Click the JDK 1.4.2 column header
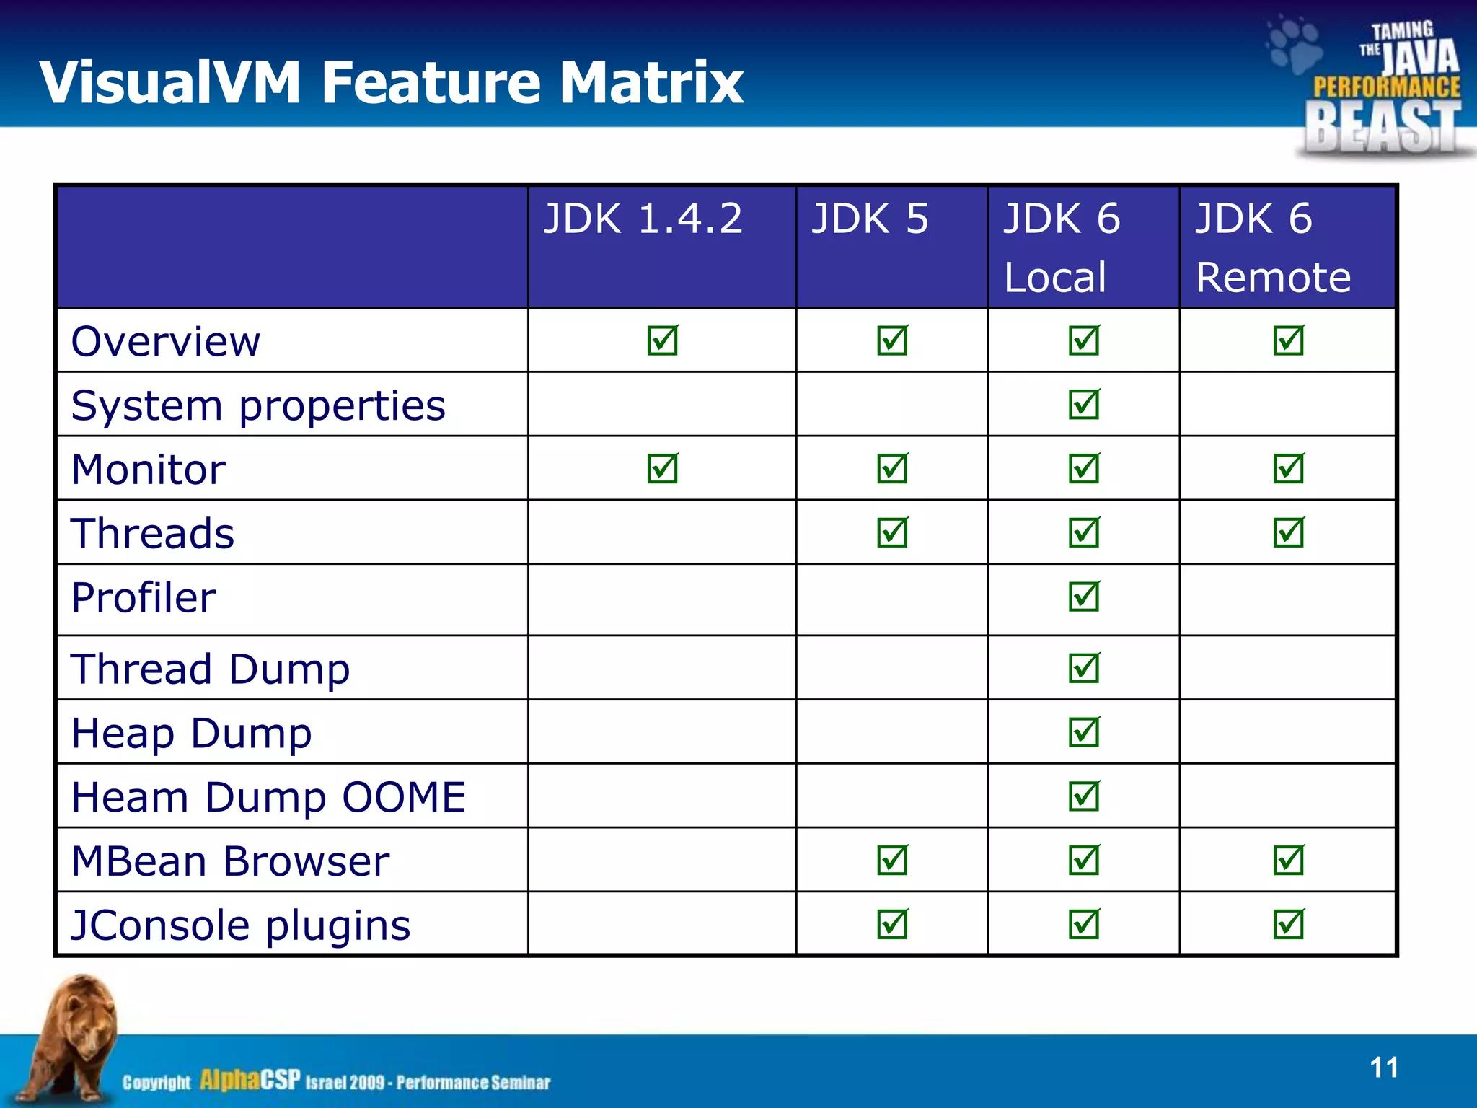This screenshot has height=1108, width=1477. click(x=643, y=219)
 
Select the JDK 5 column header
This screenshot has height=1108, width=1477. click(x=870, y=219)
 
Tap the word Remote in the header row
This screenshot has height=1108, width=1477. click(x=1273, y=277)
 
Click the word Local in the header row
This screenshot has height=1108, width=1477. click(x=1054, y=277)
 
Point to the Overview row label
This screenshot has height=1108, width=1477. click(x=165, y=341)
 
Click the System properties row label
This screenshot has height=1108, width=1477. click(x=258, y=405)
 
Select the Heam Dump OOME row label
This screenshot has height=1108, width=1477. click(x=268, y=797)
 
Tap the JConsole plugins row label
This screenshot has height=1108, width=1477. click(x=241, y=925)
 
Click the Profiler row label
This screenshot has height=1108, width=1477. click(x=144, y=598)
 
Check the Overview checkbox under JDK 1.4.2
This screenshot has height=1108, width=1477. click(x=662, y=340)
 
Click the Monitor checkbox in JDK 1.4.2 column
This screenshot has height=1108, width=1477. click(x=662, y=469)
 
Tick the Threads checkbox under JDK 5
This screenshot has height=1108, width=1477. click(x=892, y=533)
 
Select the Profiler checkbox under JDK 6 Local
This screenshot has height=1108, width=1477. click(x=1084, y=597)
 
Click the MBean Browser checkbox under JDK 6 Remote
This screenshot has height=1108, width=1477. click(x=1288, y=861)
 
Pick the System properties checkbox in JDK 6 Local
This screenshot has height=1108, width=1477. click(x=1084, y=405)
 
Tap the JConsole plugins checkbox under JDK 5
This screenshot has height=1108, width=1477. click(x=892, y=925)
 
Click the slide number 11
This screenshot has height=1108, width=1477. click(x=1383, y=1068)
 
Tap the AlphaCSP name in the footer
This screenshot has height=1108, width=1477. click(x=250, y=1080)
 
